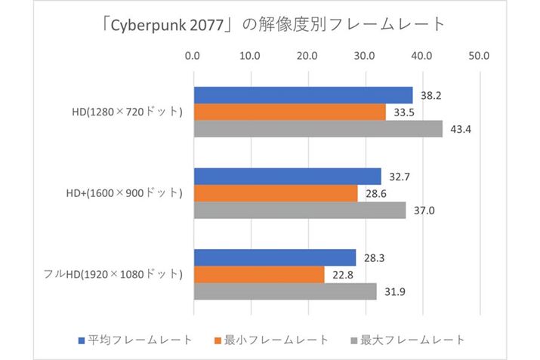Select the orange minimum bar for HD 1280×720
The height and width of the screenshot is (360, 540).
coord(290,112)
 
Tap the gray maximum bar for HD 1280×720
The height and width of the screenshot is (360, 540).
coord(318,129)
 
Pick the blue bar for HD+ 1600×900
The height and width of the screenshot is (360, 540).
coord(288,177)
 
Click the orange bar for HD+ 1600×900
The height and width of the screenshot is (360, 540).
coord(276,193)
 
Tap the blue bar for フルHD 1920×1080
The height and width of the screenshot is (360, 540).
coord(275,257)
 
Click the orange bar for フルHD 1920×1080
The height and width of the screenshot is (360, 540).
coord(259,275)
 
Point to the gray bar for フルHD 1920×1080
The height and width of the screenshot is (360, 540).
coord(285,291)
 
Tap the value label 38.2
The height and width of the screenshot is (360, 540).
coord(430,96)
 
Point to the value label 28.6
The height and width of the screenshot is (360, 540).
coord(375,194)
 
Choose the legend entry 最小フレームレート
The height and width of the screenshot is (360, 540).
coord(271,340)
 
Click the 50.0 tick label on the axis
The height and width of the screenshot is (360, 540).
coord(480,56)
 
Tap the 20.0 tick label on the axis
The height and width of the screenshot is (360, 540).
coord(307,56)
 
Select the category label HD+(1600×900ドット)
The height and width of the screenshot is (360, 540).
coord(124,193)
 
